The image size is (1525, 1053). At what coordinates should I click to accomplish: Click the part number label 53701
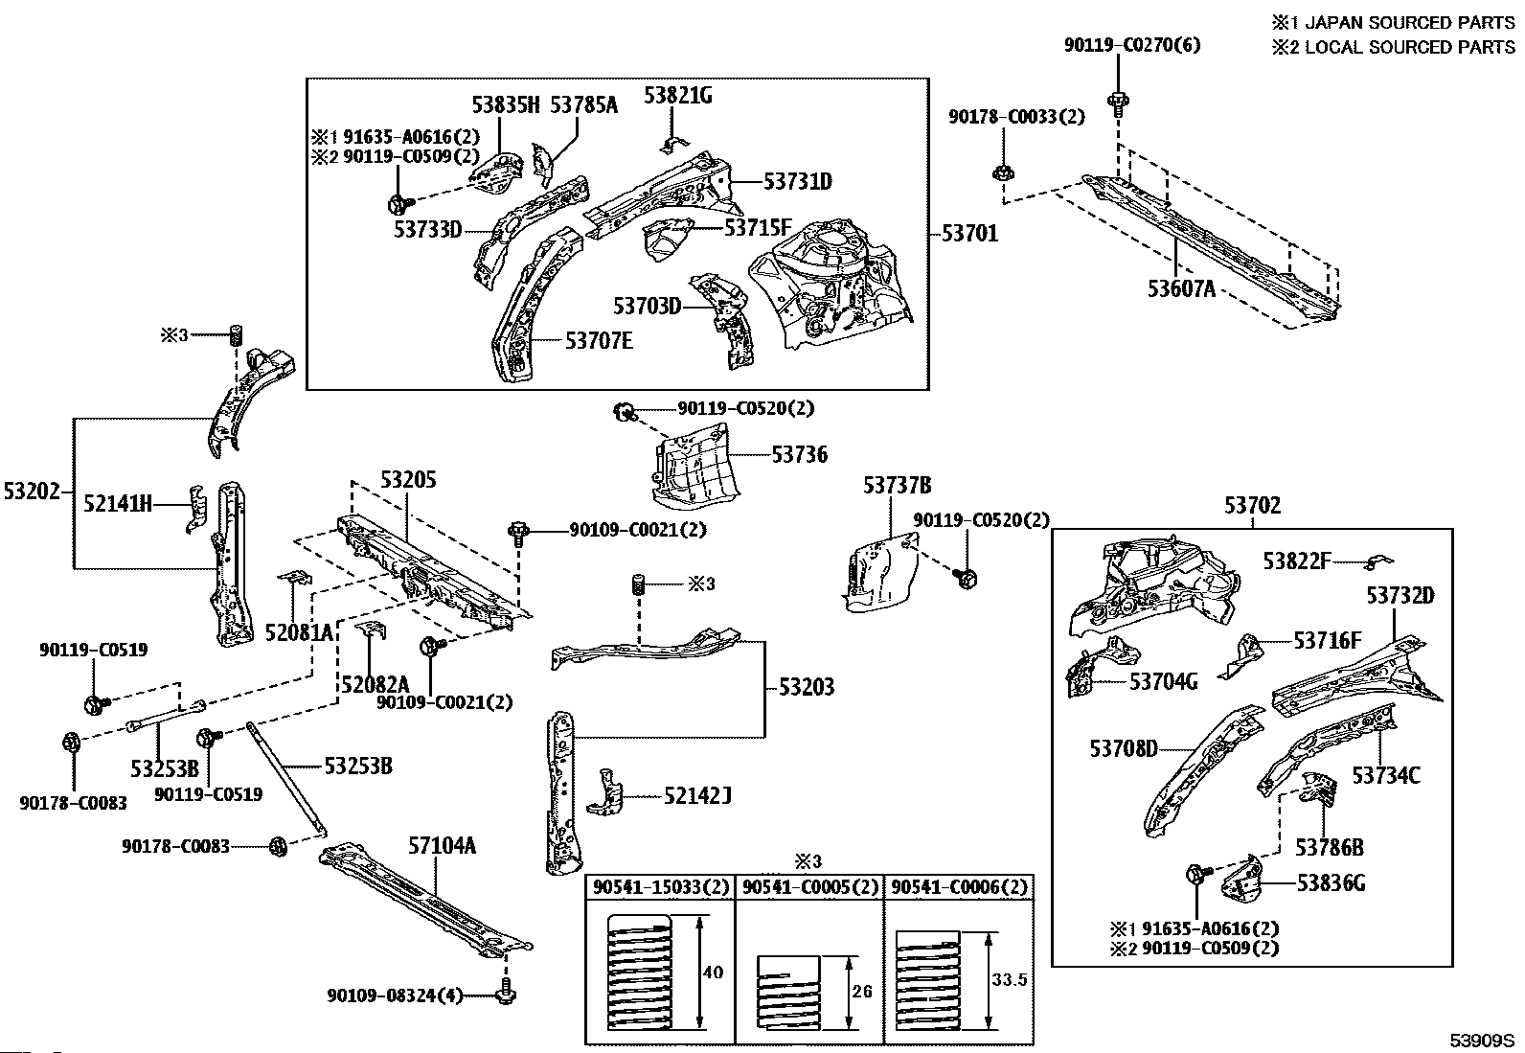(x=969, y=233)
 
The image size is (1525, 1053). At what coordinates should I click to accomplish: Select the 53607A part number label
(x=1181, y=286)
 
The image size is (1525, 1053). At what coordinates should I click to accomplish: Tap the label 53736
(x=800, y=455)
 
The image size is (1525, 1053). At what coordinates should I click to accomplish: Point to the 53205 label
(x=408, y=479)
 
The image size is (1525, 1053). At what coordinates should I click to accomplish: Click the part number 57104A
(x=443, y=845)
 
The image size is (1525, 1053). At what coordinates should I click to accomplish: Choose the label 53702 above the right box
(x=1252, y=507)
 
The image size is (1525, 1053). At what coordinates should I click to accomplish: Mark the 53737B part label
(x=898, y=486)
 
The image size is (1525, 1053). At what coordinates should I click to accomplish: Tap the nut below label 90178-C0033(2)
(x=1003, y=174)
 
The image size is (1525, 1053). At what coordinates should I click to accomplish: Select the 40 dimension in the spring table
(x=714, y=973)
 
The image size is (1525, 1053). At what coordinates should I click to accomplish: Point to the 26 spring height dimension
(x=862, y=991)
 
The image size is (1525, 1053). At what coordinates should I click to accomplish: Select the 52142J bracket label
(x=697, y=795)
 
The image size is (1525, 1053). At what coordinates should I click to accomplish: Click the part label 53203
(x=806, y=687)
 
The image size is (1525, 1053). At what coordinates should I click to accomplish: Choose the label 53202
(x=32, y=492)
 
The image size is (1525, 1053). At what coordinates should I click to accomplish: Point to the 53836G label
(x=1332, y=882)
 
